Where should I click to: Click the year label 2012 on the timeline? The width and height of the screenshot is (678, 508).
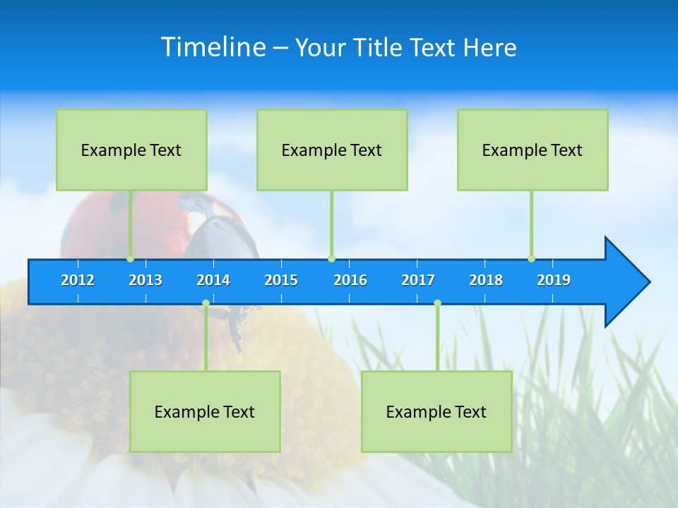[78, 280]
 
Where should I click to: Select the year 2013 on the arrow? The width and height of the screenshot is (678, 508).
[145, 280]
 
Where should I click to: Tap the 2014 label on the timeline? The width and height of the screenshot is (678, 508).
[213, 280]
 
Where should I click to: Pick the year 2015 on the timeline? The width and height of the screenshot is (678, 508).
[281, 280]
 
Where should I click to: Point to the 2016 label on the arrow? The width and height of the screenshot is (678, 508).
[350, 280]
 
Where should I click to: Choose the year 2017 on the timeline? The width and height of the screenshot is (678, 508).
[418, 280]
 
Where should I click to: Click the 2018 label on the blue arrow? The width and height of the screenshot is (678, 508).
[486, 280]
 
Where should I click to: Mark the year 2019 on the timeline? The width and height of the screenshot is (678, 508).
[554, 280]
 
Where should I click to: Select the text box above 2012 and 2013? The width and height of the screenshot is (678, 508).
[131, 150]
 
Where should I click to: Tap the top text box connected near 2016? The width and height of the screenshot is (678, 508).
[332, 150]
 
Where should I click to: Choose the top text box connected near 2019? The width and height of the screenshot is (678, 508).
[533, 150]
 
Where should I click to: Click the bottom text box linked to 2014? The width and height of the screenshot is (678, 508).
[205, 412]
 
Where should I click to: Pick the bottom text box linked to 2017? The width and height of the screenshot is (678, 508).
[436, 412]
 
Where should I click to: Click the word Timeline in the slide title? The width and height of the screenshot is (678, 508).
[213, 47]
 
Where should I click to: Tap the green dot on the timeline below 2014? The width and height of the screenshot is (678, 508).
[206, 303]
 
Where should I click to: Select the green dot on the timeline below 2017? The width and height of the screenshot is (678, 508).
[437, 303]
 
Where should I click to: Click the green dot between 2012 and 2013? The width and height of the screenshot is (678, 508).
[131, 259]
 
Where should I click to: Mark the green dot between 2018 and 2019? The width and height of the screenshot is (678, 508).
[531, 259]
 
